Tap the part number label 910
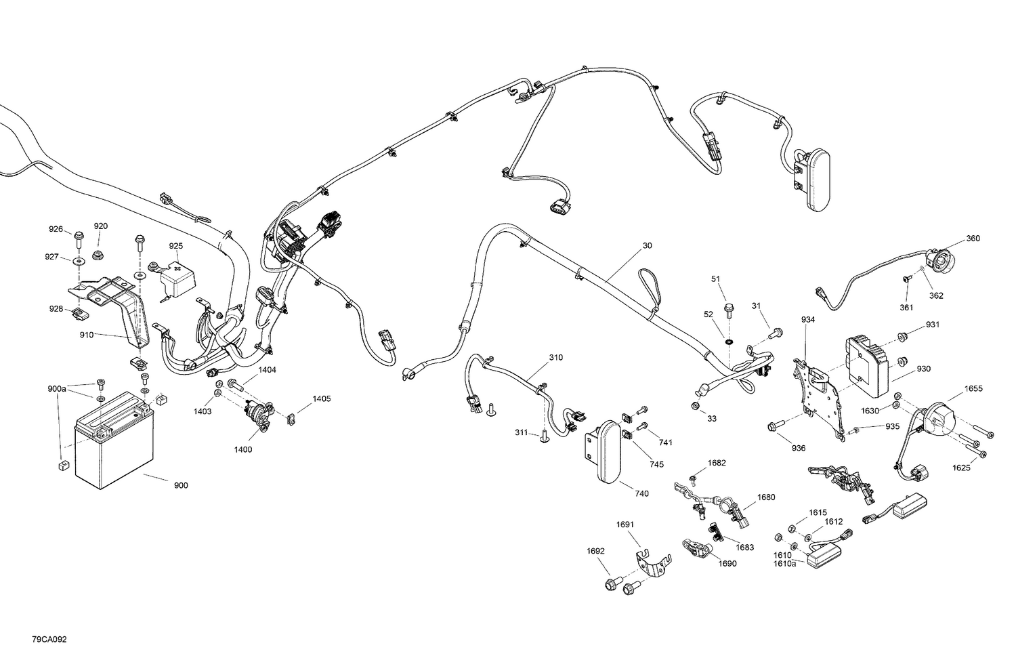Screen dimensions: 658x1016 (87, 334)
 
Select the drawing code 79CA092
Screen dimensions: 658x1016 (49, 639)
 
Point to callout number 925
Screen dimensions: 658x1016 (176, 246)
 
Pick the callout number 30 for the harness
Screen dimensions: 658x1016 (647, 245)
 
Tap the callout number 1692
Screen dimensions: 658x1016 (595, 551)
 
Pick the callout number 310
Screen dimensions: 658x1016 (555, 357)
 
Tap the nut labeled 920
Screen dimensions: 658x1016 (97, 255)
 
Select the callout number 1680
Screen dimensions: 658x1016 (765, 497)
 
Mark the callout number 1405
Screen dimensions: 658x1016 (321, 398)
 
